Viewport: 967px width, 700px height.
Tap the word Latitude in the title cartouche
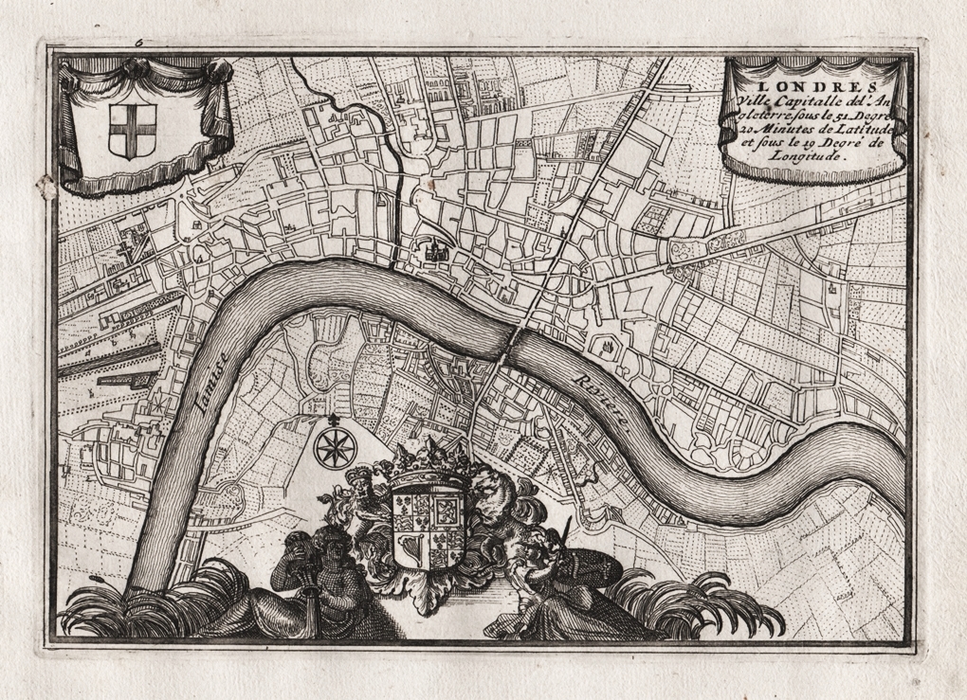click(850, 129)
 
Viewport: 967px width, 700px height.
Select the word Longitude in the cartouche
click(805, 160)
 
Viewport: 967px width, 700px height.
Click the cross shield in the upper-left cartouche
click(125, 130)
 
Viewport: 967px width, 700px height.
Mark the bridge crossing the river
click(507, 346)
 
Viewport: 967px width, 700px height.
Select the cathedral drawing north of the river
click(436, 252)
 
